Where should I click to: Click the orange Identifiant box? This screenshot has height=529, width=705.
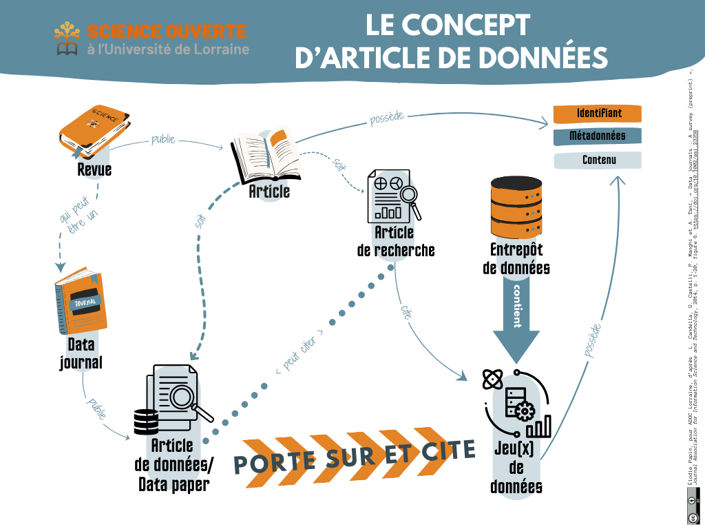click(598, 113)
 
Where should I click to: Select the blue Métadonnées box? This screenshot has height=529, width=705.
click(598, 136)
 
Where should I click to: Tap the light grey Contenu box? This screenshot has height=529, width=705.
click(598, 160)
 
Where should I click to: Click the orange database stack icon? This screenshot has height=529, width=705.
click(516, 207)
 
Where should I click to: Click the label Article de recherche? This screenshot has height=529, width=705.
click(396, 241)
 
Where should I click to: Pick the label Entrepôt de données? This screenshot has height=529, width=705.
click(516, 258)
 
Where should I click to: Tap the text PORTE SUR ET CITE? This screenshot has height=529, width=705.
click(355, 456)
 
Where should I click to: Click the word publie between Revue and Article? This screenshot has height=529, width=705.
click(163, 141)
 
